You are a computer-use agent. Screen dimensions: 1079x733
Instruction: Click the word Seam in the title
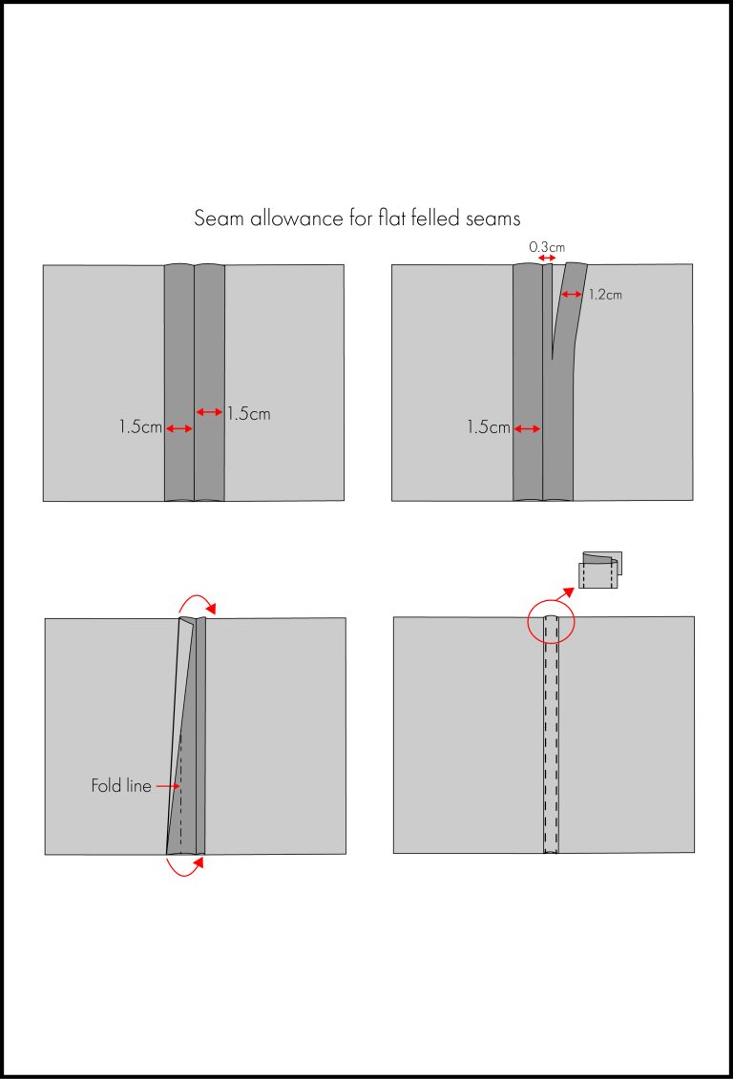[x=219, y=218]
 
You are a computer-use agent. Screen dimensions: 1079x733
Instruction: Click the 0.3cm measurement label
[x=547, y=246]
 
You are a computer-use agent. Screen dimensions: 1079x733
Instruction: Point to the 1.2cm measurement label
[x=604, y=295]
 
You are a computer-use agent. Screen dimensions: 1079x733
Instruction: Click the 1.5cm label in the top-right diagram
[x=489, y=428]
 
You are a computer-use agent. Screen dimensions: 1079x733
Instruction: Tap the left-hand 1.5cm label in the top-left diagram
[x=140, y=428]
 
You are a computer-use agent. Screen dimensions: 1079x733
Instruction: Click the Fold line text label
[x=121, y=786]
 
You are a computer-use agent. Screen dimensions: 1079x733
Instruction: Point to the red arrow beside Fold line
[x=167, y=786]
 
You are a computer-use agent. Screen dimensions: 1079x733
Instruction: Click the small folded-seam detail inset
[x=599, y=570]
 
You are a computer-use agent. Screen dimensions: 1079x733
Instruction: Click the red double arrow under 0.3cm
[x=547, y=259]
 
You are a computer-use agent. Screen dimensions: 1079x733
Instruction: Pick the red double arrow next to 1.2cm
[x=572, y=295]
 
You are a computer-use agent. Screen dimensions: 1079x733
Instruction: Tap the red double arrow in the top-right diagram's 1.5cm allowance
[x=528, y=428]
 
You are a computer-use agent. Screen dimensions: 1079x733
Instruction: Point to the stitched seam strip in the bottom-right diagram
[x=551, y=735]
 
